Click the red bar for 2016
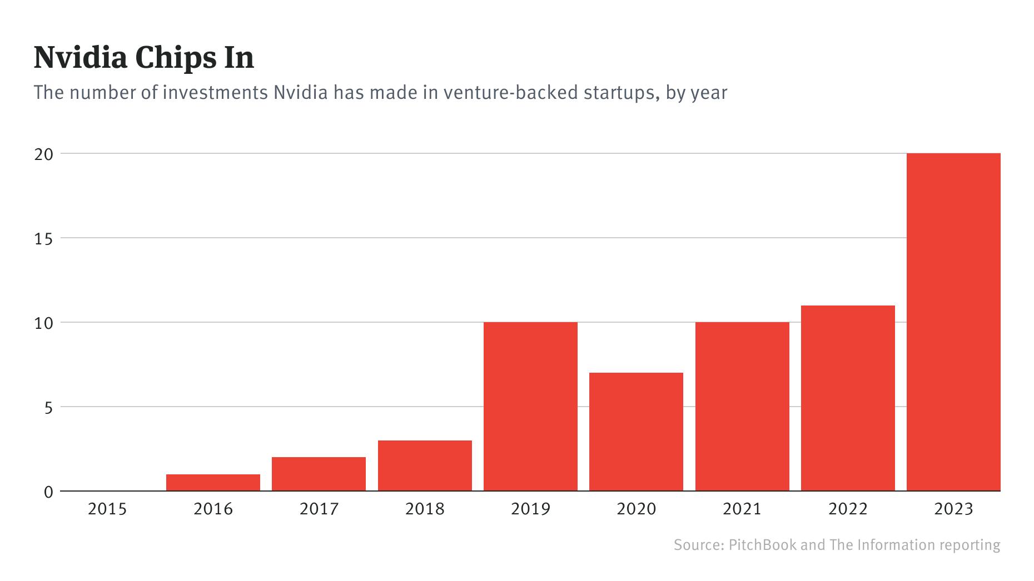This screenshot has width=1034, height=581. point(213,482)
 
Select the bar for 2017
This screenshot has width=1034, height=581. point(319,474)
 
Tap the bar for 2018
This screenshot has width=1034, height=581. point(425,465)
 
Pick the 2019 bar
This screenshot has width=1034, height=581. point(530,406)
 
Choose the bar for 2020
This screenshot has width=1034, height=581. point(636,432)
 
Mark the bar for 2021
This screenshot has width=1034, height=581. point(742,406)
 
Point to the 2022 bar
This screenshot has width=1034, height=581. point(848,398)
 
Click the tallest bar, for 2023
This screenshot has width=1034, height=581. point(953,322)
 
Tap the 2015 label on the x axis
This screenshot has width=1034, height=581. point(107,509)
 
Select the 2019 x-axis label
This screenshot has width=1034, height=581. point(530,509)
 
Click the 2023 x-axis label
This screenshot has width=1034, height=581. point(953,509)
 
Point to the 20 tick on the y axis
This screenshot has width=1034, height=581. point(43,154)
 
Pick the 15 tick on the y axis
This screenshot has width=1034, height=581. point(43,239)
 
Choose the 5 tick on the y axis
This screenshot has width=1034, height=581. point(48,408)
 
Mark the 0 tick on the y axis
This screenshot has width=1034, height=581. point(48,492)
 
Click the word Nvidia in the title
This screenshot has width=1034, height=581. point(80,58)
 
